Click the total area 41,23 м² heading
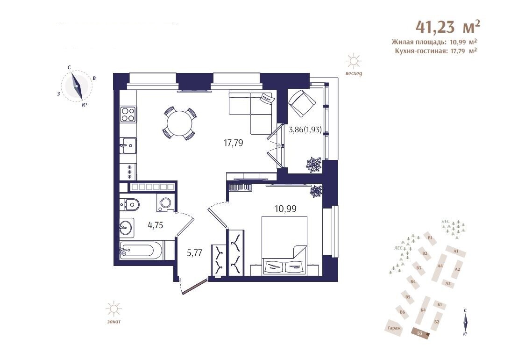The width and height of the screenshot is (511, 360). (x=448, y=26)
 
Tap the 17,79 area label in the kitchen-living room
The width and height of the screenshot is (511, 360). (x=234, y=143)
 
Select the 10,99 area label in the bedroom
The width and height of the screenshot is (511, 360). (x=285, y=209)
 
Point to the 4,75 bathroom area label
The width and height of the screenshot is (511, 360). (x=155, y=225)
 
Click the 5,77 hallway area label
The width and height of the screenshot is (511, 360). (x=195, y=253)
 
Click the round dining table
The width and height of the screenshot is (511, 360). (x=180, y=123)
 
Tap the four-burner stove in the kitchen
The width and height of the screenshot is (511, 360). (x=128, y=114)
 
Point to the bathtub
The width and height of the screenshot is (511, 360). (x=141, y=251)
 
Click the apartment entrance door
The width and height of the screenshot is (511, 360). (x=195, y=287)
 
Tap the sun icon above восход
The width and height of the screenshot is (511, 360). (x=354, y=61)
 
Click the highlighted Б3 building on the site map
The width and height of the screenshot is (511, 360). (x=421, y=333)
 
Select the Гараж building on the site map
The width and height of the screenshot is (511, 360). (x=395, y=328)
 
